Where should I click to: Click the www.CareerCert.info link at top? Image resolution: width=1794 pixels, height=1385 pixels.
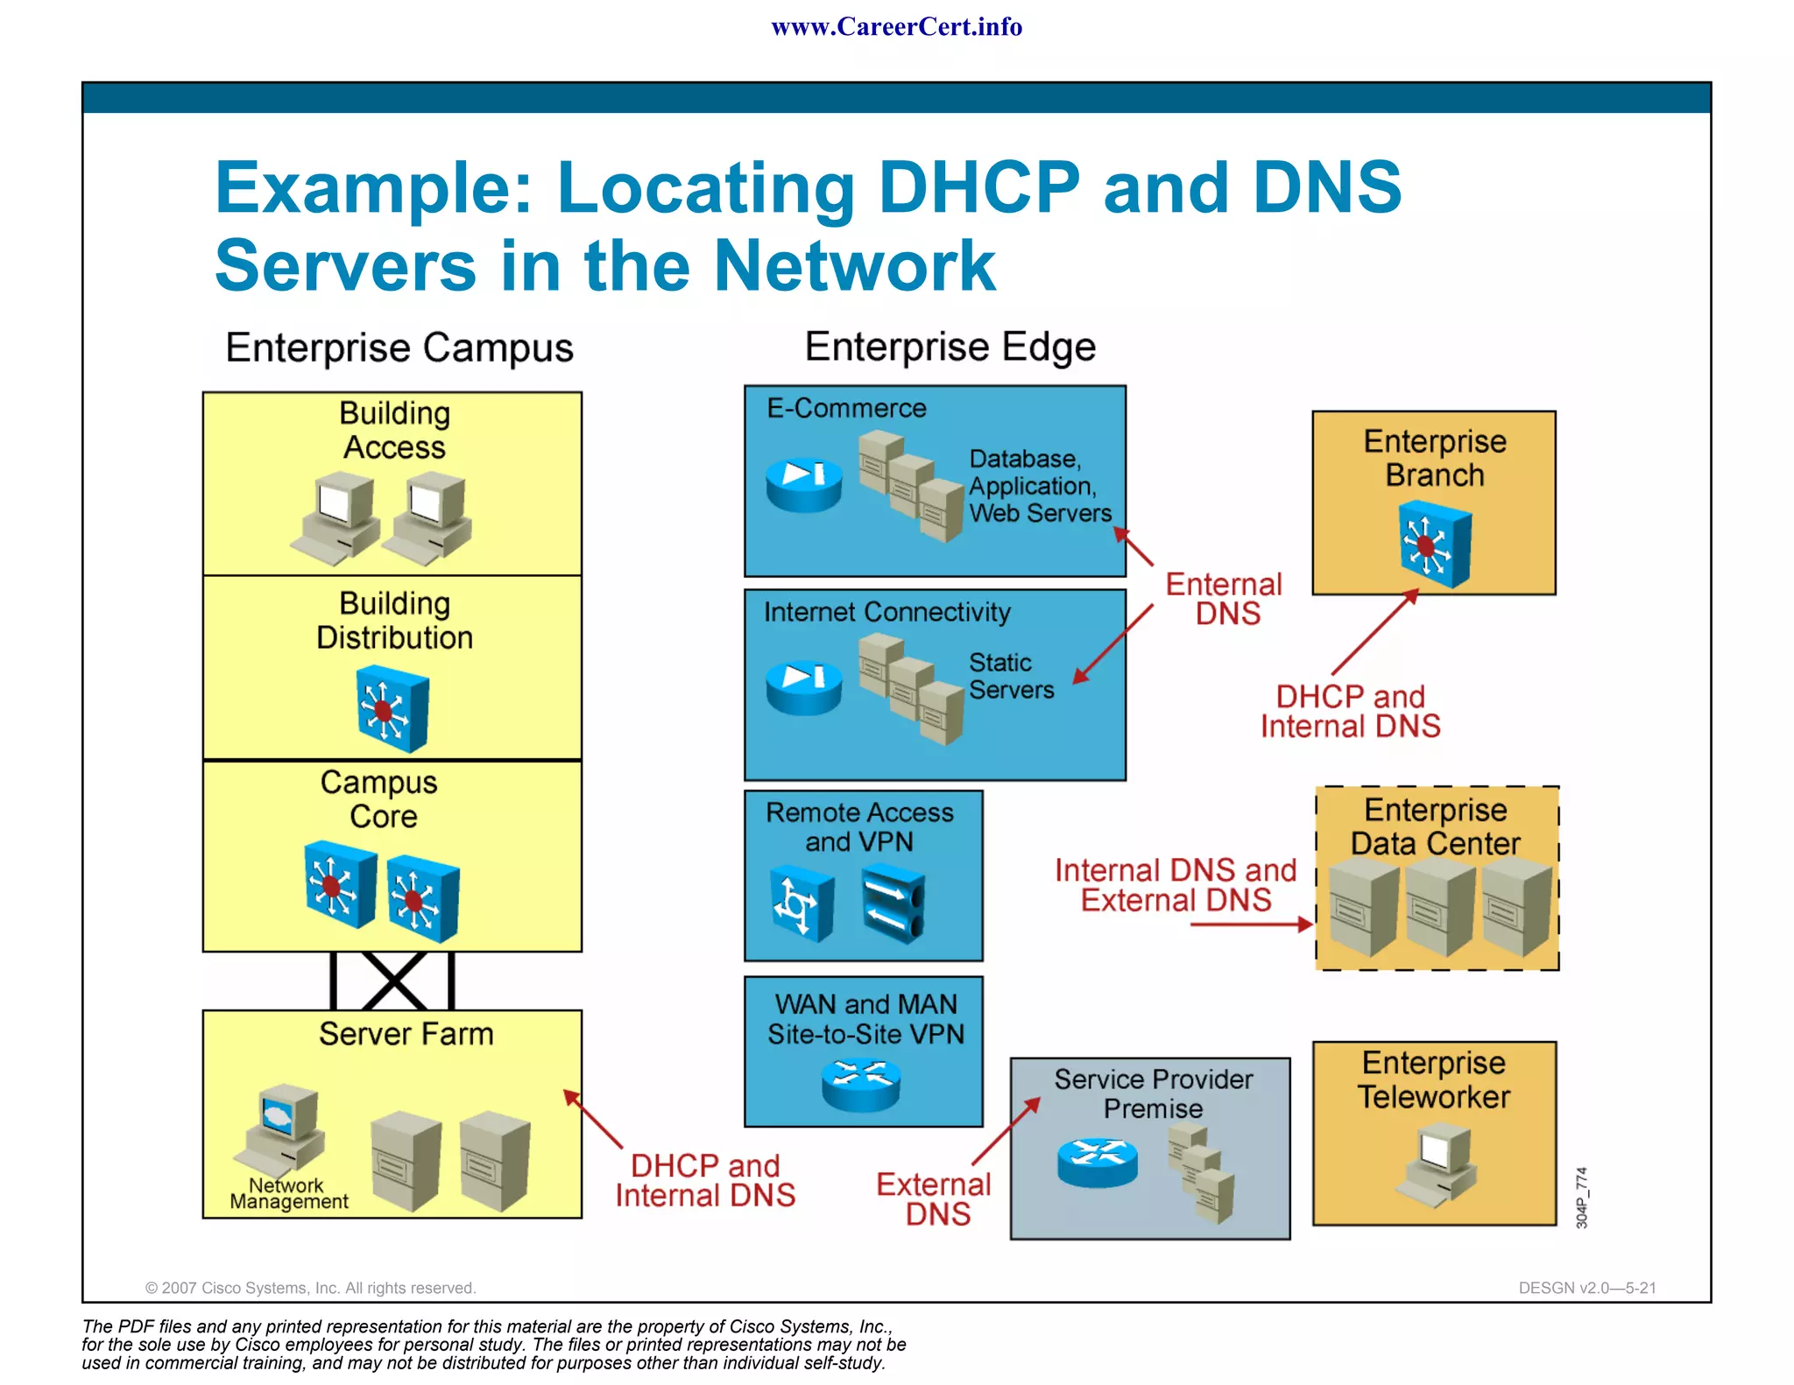coord(896,27)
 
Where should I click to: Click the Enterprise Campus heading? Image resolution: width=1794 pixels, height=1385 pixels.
coord(399,348)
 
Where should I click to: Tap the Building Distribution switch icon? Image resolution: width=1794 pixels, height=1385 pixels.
coord(392,708)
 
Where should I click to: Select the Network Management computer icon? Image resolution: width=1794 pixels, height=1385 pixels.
coord(282,1128)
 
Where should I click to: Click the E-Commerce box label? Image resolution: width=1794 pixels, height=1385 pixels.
coord(846,408)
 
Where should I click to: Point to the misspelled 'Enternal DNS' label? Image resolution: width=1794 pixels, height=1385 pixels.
coord(1225,599)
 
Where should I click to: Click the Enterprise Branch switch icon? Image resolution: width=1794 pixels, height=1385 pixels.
coord(1434,544)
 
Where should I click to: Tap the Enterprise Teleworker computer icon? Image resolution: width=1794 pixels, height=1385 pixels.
coord(1436,1164)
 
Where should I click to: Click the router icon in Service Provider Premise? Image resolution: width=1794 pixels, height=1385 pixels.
coord(1097,1162)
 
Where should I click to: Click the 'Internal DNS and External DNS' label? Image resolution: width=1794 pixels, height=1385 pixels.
coord(1175,885)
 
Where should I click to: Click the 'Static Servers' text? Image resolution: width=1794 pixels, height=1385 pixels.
coord(1010,676)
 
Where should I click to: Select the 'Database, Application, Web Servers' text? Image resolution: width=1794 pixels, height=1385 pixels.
coord(1039,486)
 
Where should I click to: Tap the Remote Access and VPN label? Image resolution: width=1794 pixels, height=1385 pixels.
coord(859,826)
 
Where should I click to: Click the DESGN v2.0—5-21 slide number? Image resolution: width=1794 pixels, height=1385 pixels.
coord(1586,1288)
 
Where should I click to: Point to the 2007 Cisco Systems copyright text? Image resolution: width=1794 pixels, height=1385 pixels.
coord(310,1288)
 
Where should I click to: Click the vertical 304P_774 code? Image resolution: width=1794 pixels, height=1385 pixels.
coord(1581,1197)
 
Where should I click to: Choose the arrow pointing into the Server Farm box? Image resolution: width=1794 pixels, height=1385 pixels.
coord(593,1119)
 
